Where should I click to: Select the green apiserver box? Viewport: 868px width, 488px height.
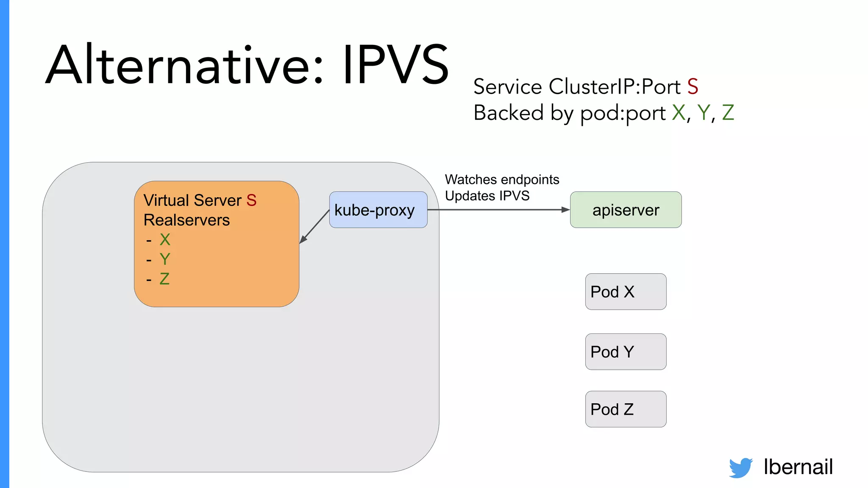626,210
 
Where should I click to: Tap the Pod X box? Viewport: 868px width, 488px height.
626,291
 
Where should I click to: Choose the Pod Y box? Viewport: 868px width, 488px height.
626,352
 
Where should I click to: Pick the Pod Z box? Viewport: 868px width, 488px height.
626,409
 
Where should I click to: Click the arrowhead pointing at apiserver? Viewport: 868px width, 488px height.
565,210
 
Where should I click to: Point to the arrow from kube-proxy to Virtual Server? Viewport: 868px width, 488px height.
314,227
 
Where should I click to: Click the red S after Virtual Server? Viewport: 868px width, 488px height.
251,200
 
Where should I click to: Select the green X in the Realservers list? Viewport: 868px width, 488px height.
165,240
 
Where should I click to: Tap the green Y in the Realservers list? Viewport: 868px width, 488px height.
165,259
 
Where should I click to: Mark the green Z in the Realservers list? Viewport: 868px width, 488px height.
164,279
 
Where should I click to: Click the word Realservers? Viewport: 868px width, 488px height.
186,220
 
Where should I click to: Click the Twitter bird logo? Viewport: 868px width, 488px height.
740,467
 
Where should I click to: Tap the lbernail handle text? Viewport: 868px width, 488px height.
798,467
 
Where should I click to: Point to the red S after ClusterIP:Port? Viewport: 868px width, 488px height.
693,87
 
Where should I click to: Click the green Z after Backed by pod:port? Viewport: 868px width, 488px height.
728,113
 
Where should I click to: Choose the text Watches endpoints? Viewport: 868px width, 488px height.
502,180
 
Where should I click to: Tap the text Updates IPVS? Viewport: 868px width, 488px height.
487,196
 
